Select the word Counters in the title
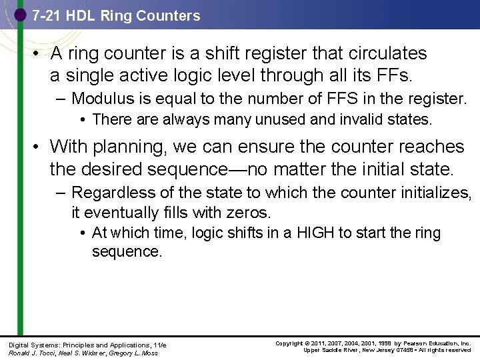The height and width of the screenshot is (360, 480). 169,15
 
